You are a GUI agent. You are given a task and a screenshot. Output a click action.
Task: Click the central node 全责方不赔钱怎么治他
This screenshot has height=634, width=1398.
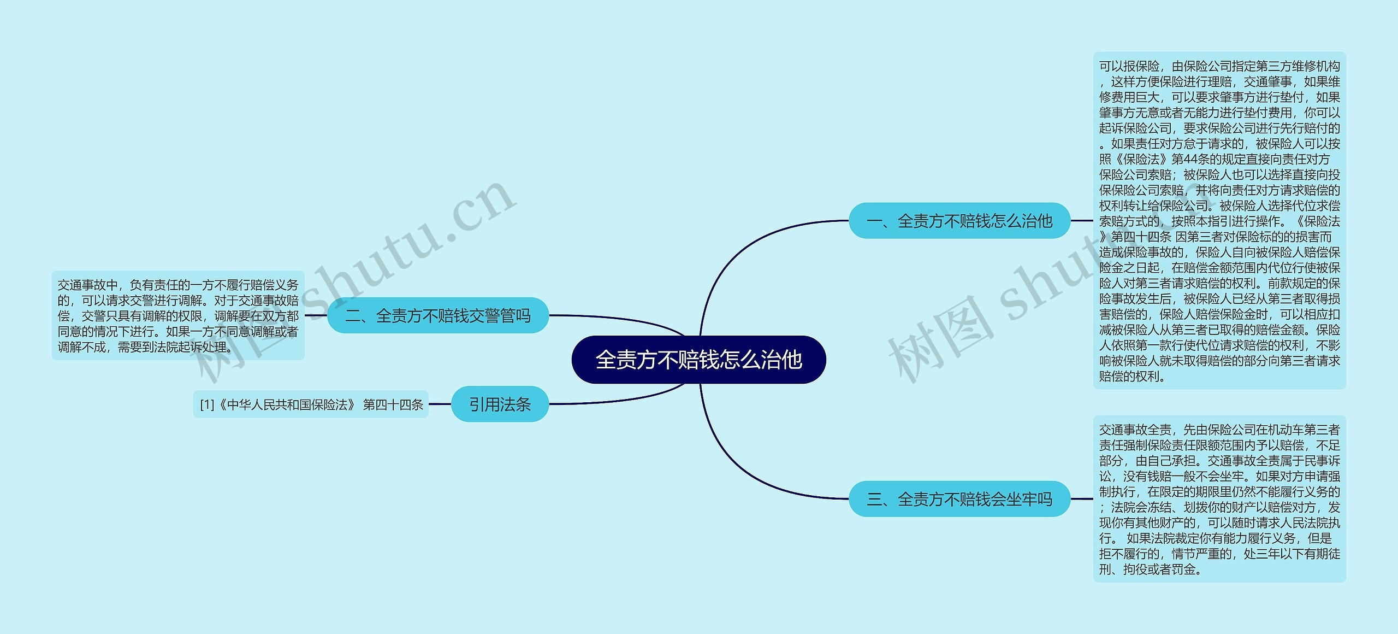click(x=698, y=360)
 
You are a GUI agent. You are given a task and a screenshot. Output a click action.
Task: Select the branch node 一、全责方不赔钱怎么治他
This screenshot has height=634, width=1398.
click(x=959, y=221)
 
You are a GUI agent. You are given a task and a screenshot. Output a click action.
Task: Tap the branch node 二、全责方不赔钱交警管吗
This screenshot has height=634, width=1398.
click(x=437, y=315)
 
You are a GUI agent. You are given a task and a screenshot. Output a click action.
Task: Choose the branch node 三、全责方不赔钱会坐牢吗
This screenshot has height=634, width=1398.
click(x=959, y=499)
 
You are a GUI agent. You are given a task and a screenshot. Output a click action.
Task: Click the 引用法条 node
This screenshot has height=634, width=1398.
click(x=500, y=404)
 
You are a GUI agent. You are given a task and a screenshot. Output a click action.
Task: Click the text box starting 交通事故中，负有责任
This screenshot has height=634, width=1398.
click(x=178, y=315)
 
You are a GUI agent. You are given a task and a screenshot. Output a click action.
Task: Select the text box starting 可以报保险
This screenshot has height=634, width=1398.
click(x=1219, y=221)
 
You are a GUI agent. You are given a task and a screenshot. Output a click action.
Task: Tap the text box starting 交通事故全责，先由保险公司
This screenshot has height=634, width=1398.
click(x=1219, y=499)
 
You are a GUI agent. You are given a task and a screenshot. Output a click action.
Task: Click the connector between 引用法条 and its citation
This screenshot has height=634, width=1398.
click(x=440, y=404)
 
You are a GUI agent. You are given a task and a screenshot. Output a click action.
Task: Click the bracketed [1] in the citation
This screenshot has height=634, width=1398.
click(x=207, y=405)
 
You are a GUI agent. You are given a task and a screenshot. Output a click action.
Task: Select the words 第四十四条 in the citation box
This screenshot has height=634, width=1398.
click(x=393, y=405)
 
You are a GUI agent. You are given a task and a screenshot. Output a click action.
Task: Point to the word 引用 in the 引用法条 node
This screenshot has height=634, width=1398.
click(x=484, y=404)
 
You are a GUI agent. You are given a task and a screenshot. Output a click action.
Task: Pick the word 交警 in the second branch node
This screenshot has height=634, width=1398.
click(x=484, y=315)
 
